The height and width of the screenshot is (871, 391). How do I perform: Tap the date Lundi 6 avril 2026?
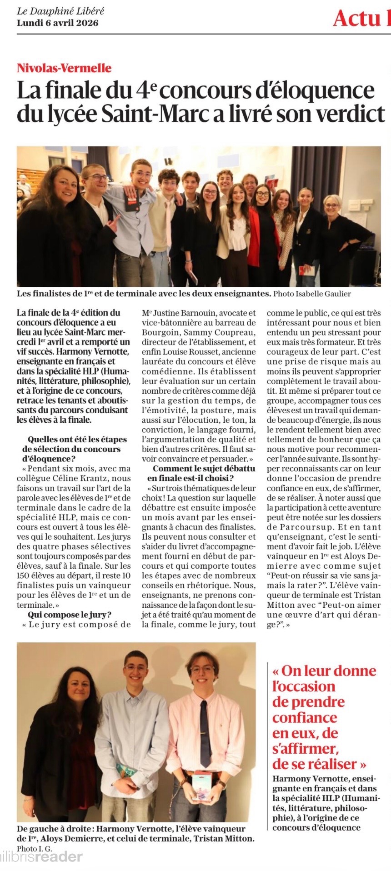click(57, 23)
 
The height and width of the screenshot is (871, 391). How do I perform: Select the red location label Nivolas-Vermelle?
click(64, 68)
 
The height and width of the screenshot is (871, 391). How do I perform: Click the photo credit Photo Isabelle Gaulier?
click(312, 294)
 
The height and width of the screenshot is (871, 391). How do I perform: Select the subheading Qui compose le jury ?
click(70, 615)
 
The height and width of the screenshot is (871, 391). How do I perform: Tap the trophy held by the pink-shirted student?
click(201, 786)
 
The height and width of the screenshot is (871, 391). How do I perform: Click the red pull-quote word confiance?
click(305, 718)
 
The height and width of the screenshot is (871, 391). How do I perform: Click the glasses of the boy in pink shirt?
click(203, 670)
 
